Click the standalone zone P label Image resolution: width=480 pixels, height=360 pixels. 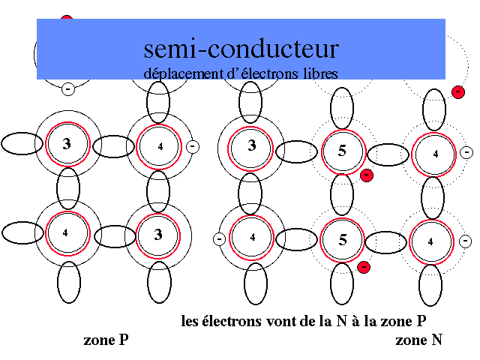coord(106,340)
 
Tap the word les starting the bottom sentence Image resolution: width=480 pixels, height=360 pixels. coord(190,322)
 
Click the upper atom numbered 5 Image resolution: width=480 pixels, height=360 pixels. coord(342,150)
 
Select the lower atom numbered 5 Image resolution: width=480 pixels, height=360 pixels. coord(343,241)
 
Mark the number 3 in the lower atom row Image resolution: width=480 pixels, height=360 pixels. coord(158,235)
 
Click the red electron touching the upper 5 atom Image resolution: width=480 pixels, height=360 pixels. coord(366,175)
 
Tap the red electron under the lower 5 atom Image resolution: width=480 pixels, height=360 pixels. coord(364,266)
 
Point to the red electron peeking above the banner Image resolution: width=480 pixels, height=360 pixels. coord(67,19)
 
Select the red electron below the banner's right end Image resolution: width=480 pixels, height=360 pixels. coord(457,91)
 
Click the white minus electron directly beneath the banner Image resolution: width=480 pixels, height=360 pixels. coord(67,89)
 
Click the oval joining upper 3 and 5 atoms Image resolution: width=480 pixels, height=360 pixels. coord(296,151)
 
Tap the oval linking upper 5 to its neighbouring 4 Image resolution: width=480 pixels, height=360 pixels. coord(388,151)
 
